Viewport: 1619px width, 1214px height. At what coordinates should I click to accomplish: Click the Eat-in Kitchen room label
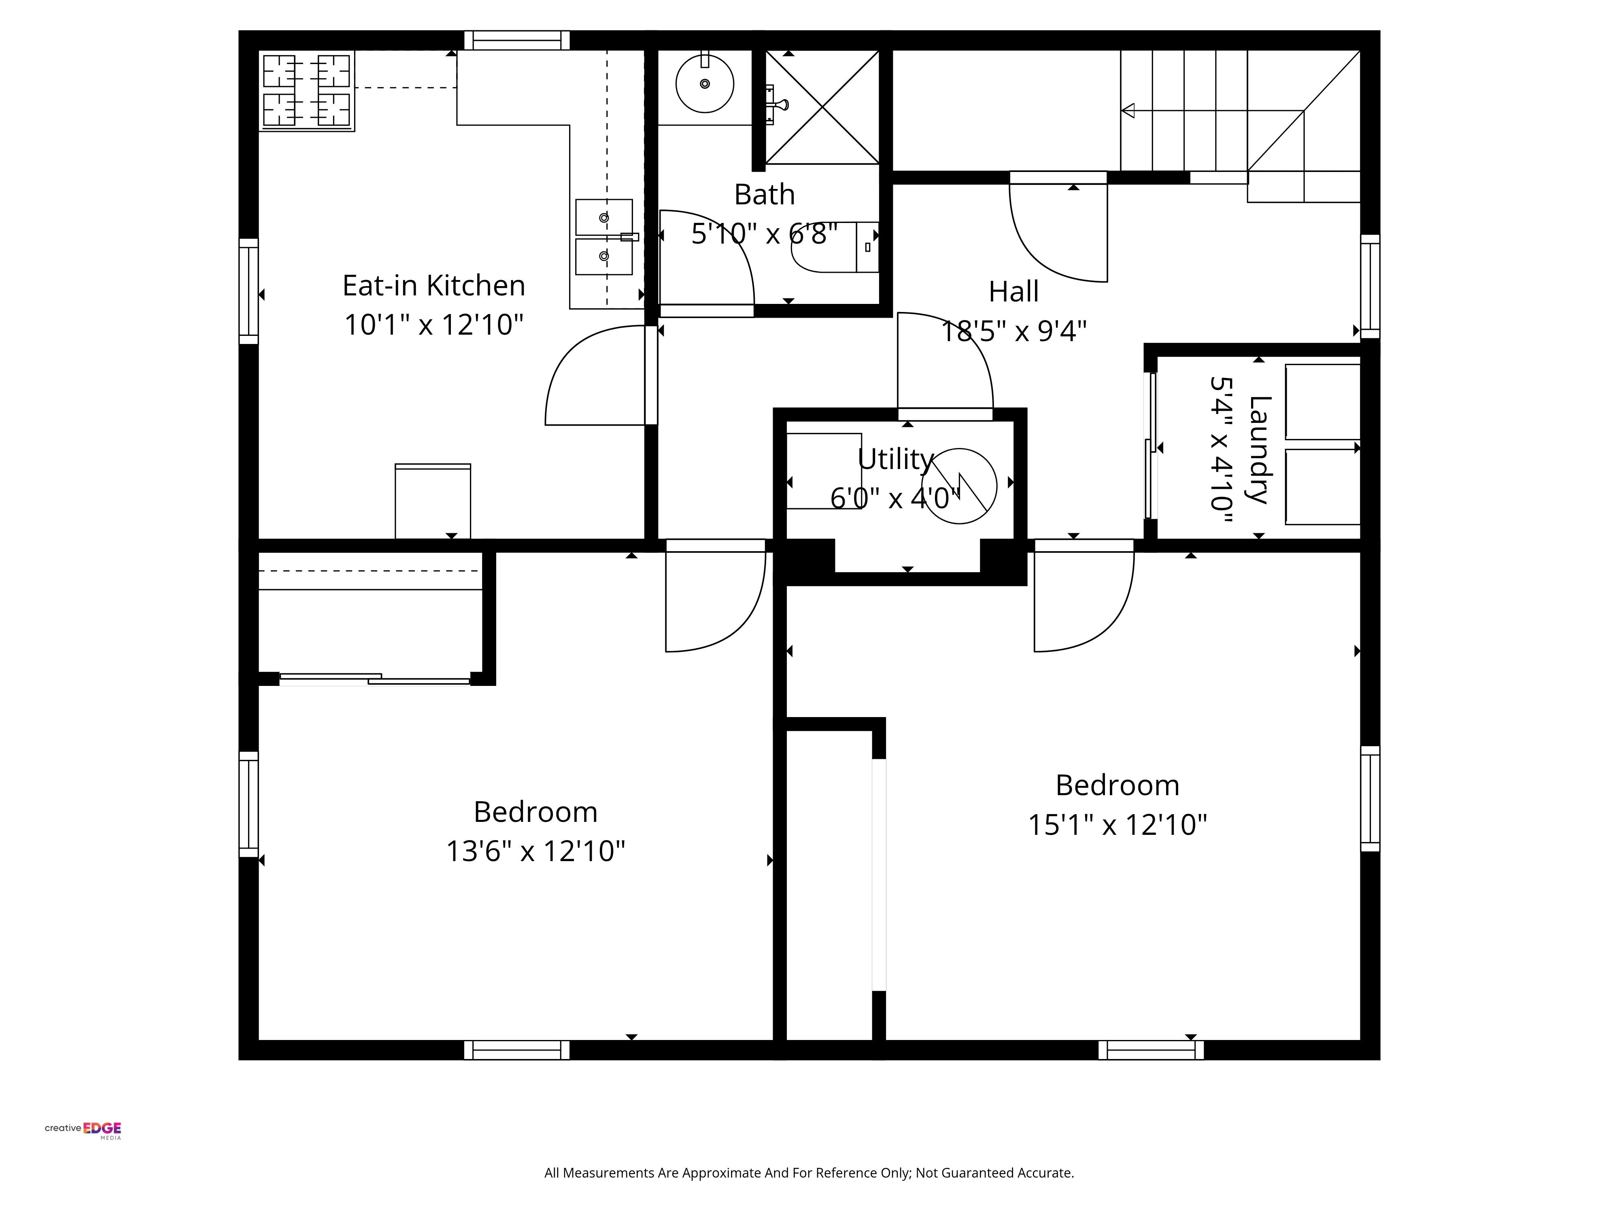click(434, 285)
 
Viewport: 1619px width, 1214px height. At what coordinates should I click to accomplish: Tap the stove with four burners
click(307, 91)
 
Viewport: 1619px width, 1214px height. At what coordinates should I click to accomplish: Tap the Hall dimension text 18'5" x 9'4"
click(1014, 331)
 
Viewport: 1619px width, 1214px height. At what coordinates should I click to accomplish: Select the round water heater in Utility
click(959, 486)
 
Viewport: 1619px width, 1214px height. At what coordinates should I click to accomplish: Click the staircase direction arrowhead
click(1128, 110)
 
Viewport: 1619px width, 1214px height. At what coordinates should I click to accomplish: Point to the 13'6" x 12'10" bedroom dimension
click(536, 851)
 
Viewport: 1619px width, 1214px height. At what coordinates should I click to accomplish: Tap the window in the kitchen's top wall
click(517, 40)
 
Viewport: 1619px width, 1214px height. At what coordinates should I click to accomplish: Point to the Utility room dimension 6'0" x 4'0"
click(894, 498)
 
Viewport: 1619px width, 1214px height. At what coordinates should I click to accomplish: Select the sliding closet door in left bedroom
click(375, 679)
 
